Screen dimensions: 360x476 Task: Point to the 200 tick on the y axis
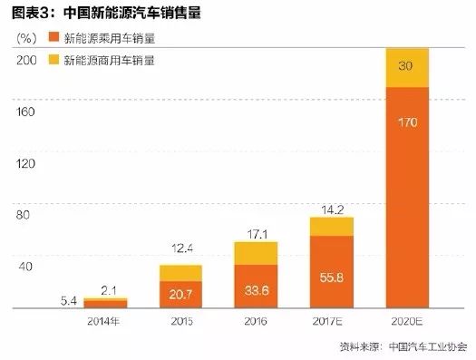[x=25, y=61]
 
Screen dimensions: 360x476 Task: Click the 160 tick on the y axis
[x=25, y=112]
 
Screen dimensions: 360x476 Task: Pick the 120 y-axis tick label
[x=25, y=164]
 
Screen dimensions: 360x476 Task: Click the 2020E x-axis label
[x=406, y=320]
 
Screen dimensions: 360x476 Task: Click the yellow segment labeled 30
[x=406, y=67]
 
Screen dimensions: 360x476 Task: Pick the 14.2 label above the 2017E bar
[x=332, y=209]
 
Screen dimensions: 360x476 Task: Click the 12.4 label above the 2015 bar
[x=181, y=249]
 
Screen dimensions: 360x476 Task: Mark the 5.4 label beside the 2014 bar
[x=69, y=299]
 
